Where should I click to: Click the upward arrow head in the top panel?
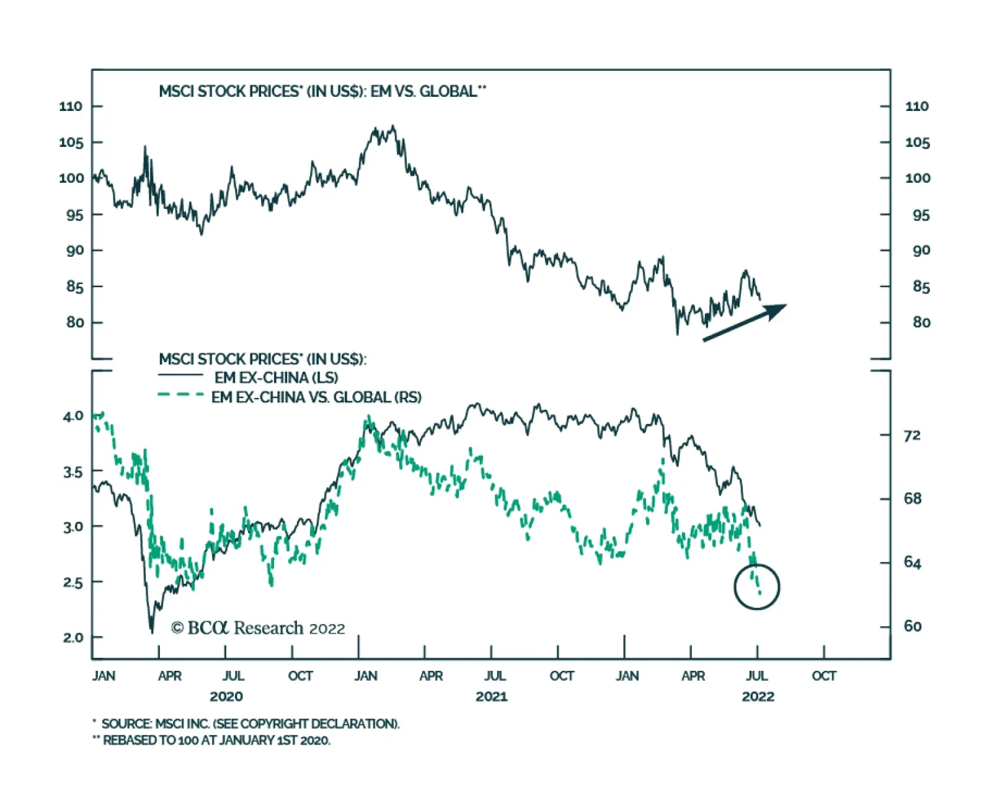(777, 309)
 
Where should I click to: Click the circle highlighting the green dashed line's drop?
(756, 586)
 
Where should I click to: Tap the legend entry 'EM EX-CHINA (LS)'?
(276, 378)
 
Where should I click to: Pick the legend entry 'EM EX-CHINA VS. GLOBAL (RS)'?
(316, 397)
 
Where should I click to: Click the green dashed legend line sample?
(180, 395)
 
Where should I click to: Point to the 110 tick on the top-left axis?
(71, 107)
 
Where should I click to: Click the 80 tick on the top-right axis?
(921, 322)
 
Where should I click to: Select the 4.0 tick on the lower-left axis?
(73, 416)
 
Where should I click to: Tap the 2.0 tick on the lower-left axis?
(73, 637)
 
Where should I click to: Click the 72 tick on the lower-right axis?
(912, 436)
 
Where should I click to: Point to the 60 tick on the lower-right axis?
(912, 626)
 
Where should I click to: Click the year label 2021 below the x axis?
(491, 697)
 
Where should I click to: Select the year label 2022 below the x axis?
(758, 697)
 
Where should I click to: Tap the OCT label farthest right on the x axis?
(823, 676)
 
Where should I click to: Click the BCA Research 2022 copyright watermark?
(258, 629)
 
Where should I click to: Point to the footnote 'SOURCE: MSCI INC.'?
(248, 723)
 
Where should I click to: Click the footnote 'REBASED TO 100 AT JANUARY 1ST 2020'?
(214, 740)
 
